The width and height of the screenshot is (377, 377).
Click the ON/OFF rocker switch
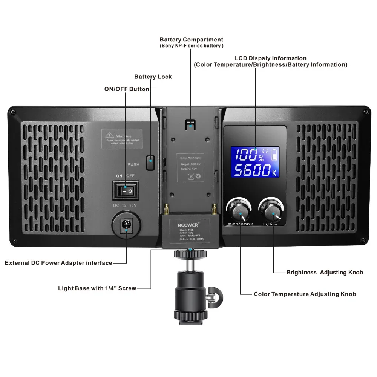pos(126,191)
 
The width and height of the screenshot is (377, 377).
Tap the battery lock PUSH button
pos(150,162)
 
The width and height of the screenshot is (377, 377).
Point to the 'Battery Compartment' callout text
pos(192,40)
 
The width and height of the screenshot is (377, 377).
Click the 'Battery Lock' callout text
pos(153,77)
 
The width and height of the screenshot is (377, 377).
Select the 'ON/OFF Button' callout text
pos(127,89)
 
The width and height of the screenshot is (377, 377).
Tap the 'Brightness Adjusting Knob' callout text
pos(325,272)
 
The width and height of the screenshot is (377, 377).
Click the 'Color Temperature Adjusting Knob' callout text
pos(305,294)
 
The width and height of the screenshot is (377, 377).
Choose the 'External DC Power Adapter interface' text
pos(58,263)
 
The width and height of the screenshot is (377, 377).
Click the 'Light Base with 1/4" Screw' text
pos(97,288)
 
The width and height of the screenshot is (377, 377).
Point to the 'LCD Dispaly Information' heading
pos(271,58)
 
